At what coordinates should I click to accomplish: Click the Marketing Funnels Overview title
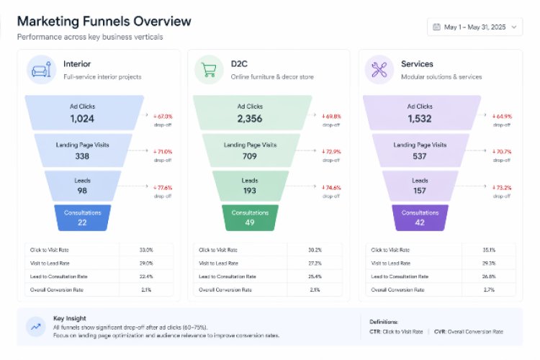click(x=104, y=21)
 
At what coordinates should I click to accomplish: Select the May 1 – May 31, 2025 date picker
click(x=475, y=27)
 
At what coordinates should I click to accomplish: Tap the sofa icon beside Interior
click(x=40, y=69)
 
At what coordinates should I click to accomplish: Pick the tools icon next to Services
click(x=377, y=69)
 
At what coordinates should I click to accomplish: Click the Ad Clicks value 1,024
click(x=83, y=118)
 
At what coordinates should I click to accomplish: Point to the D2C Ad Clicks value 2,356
click(x=250, y=118)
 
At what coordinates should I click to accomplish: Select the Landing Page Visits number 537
click(x=420, y=156)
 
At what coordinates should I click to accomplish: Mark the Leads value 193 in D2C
click(x=250, y=191)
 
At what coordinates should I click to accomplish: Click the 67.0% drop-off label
click(x=163, y=116)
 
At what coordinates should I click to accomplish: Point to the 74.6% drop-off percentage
click(x=332, y=187)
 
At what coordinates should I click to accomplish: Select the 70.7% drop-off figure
click(x=502, y=151)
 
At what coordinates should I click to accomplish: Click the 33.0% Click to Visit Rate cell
click(x=146, y=249)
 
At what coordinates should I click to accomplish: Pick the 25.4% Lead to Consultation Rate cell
click(x=315, y=276)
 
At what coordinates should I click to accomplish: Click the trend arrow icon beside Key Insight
click(x=35, y=325)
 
